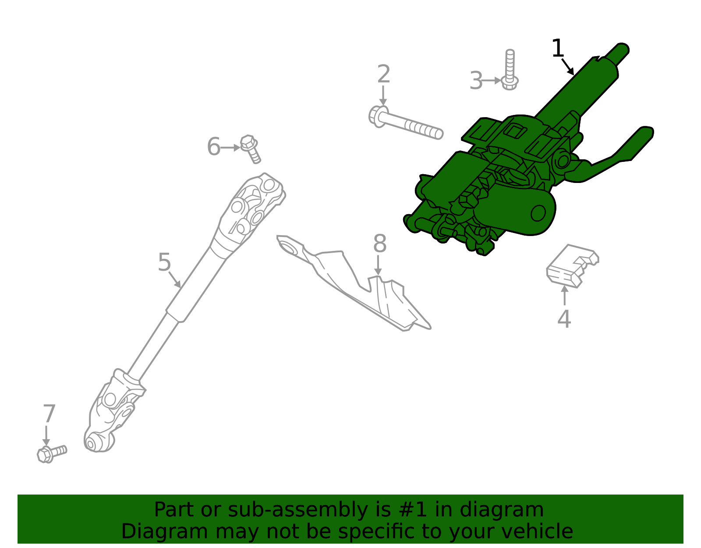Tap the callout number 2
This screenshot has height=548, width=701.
tap(383, 75)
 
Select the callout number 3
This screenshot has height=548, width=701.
tap(476, 81)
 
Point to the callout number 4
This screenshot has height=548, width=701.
tap(564, 319)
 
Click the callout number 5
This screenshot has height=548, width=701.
tap(164, 262)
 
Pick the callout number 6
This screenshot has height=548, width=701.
tap(213, 147)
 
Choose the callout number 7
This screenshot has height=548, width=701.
tap(49, 414)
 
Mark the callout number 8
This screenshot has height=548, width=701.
tap(379, 244)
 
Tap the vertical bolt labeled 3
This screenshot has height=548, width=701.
tap(510, 70)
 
